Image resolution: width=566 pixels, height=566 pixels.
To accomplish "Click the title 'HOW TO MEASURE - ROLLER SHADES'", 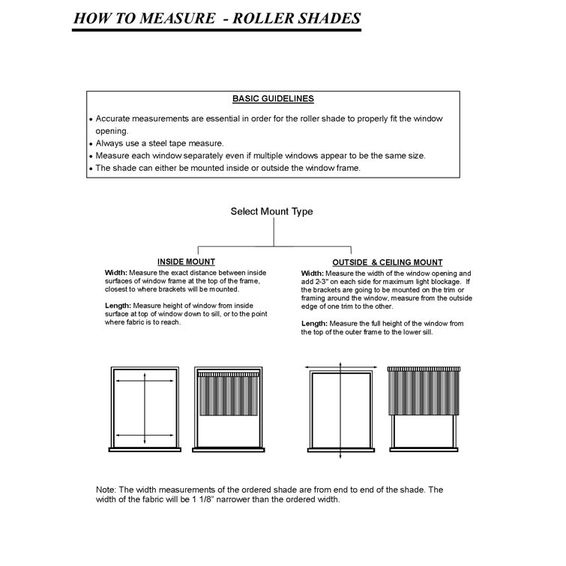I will pos(216,18).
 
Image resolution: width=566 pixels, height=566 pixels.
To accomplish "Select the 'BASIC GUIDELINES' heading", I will pos(273,99).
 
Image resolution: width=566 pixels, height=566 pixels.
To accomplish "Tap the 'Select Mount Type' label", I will pos(271,212).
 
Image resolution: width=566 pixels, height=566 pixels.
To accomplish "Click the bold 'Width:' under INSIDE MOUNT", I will pos(116,273).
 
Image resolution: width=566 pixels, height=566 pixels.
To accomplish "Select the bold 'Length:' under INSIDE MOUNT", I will pos(118,305).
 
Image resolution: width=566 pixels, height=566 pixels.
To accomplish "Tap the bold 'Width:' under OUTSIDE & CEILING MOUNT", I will pos(313,274).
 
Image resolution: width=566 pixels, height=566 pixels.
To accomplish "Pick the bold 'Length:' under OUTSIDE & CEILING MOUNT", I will pos(315,323).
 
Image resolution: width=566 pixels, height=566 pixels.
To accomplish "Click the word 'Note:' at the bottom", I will pos(106,490).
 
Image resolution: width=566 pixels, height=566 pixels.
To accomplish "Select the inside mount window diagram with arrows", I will pos(145,409).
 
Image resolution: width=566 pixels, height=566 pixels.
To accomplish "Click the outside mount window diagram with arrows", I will pos(340,409).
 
